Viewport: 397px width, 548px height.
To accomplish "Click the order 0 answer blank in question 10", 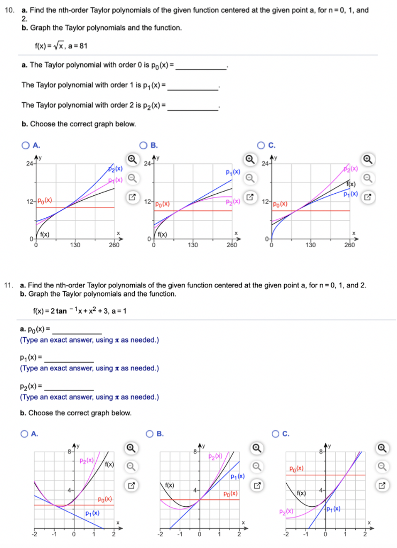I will pos(201,66).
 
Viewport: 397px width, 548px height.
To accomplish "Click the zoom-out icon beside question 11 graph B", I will pos(257,466).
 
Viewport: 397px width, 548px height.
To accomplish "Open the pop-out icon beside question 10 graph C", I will pos(367,197).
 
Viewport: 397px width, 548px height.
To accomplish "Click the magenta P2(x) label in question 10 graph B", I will pos(232,202).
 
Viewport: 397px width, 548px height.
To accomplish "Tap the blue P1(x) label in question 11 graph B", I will pos(237,477).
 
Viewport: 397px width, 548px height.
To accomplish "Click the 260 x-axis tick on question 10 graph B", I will pos(232,245).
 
